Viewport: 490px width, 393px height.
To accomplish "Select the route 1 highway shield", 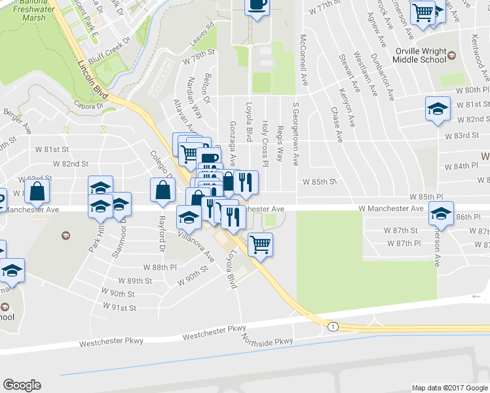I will pyautogui.click(x=333, y=326).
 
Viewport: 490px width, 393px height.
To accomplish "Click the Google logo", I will pyautogui.click(x=22, y=385).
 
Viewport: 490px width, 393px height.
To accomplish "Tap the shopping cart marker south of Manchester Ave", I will pyautogui.click(x=261, y=244).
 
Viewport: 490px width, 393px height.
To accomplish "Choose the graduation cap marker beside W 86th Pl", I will pyautogui.click(x=441, y=214).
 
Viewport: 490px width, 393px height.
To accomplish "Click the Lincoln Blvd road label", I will pyautogui.click(x=92, y=77).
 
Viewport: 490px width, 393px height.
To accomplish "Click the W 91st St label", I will pyautogui.click(x=119, y=307).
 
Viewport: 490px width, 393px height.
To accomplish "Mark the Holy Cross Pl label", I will pyautogui.click(x=265, y=134).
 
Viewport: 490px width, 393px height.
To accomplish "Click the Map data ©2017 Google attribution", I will pyautogui.click(x=449, y=388).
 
